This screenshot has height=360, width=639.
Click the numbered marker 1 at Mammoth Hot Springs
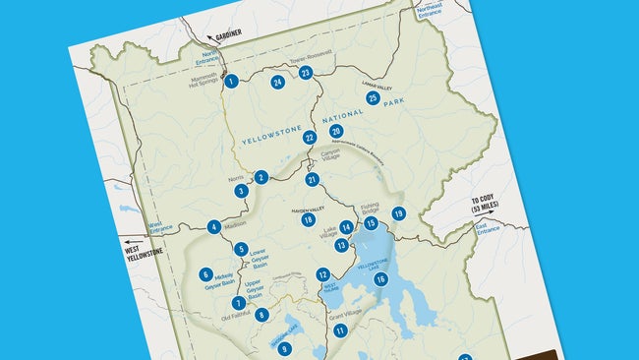[231, 81]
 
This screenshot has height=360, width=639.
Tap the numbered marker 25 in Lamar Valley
[373, 97]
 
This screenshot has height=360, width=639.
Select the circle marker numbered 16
[380, 279]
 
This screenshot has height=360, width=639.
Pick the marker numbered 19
[398, 213]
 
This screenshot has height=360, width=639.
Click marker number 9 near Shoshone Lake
[284, 348]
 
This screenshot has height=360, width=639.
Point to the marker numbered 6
[205, 275]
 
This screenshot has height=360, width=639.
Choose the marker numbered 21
[312, 180]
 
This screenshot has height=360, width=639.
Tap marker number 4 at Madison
[213, 227]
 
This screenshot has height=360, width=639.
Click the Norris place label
[236, 179]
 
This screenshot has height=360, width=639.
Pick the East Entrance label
[488, 228]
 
